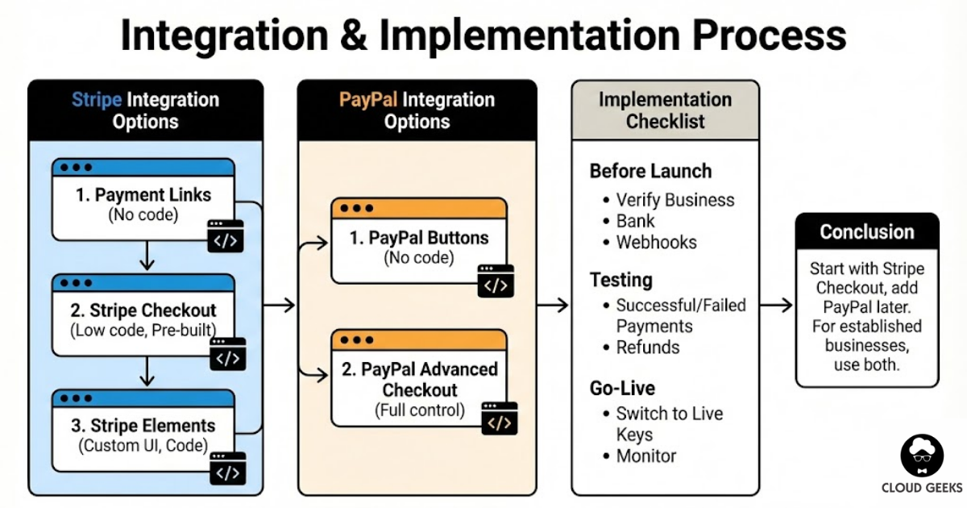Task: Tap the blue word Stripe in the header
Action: (x=97, y=100)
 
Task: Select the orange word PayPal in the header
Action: (x=367, y=100)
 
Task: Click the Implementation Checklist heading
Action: (x=665, y=110)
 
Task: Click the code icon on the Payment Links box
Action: (x=226, y=238)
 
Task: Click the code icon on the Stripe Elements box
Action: (x=227, y=469)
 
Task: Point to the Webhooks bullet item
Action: (x=656, y=242)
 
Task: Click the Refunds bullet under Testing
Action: (x=647, y=348)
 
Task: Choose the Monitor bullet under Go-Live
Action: (x=645, y=456)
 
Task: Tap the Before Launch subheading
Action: (x=650, y=171)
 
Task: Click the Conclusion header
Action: (x=866, y=232)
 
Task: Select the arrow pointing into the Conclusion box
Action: (x=776, y=305)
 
